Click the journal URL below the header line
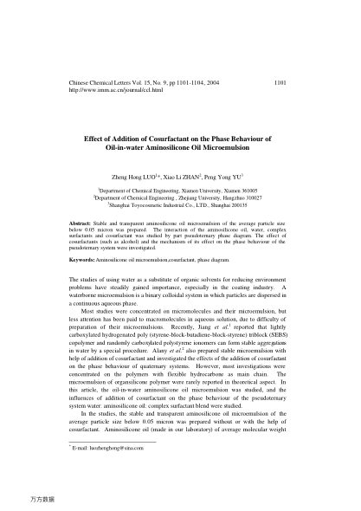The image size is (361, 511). pyautogui.click(x=103, y=91)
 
